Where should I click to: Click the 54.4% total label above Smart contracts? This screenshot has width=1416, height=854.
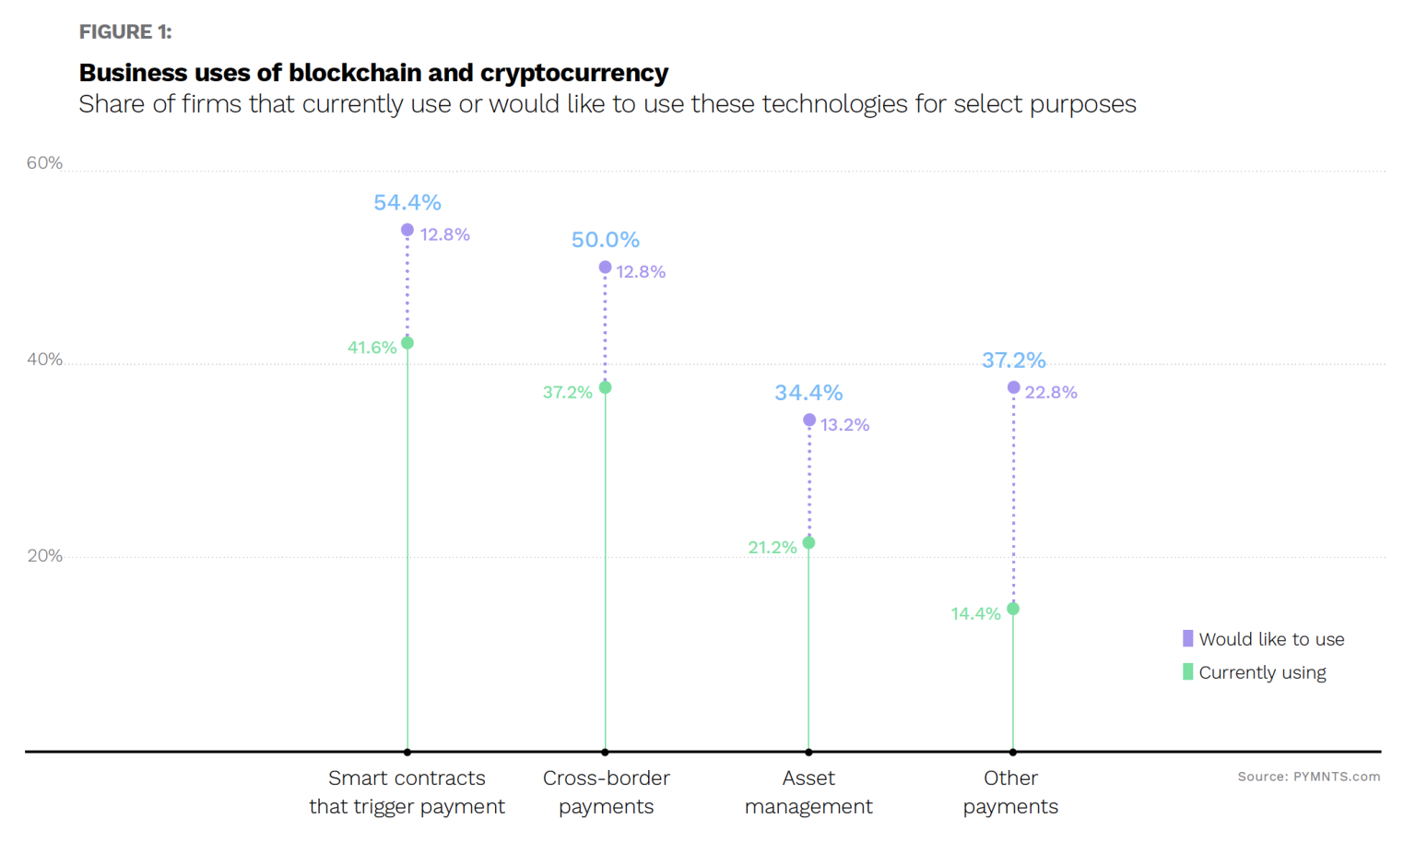pos(407,202)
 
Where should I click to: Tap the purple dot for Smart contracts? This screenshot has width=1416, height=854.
pos(407,230)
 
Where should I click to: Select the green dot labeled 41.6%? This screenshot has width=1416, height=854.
pos(407,343)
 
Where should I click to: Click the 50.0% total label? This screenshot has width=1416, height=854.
pos(605,240)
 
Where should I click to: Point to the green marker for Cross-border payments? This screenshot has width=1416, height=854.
pos(606,387)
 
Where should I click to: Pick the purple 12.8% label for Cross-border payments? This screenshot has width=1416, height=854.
pos(641,272)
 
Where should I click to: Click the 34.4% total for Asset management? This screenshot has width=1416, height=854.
pos(808,393)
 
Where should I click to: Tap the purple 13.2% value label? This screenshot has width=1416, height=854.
pos(844,425)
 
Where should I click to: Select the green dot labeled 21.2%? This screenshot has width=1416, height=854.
pos(808,543)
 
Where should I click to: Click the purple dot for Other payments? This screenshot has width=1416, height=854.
pos(1013,387)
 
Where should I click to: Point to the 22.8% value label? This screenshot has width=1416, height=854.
pos(1051,393)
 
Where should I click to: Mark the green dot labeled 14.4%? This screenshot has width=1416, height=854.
pos(1013,609)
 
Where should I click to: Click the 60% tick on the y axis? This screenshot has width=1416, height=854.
pos(44,163)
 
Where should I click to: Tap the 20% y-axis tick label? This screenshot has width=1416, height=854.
pos(44,556)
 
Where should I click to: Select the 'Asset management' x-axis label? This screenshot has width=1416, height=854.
pos(808,792)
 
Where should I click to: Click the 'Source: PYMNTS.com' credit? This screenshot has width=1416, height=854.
pos(1308,777)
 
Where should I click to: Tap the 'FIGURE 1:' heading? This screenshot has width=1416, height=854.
pos(125,32)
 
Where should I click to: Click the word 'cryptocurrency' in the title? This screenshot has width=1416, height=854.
pos(573,73)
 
